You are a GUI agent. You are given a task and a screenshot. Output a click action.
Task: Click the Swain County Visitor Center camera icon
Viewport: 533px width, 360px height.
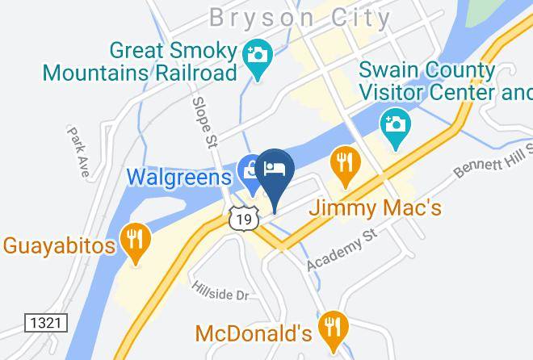396,126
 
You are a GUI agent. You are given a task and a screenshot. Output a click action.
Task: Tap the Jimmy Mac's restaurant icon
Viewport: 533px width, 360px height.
345,163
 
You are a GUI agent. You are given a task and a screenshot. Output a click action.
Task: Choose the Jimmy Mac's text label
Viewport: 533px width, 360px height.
376,208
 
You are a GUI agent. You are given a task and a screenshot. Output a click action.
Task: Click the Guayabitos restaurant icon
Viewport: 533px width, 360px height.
135,238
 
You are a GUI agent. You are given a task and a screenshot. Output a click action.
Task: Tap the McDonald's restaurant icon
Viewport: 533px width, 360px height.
331,325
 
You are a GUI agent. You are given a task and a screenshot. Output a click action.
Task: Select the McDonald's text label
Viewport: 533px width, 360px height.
253,333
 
